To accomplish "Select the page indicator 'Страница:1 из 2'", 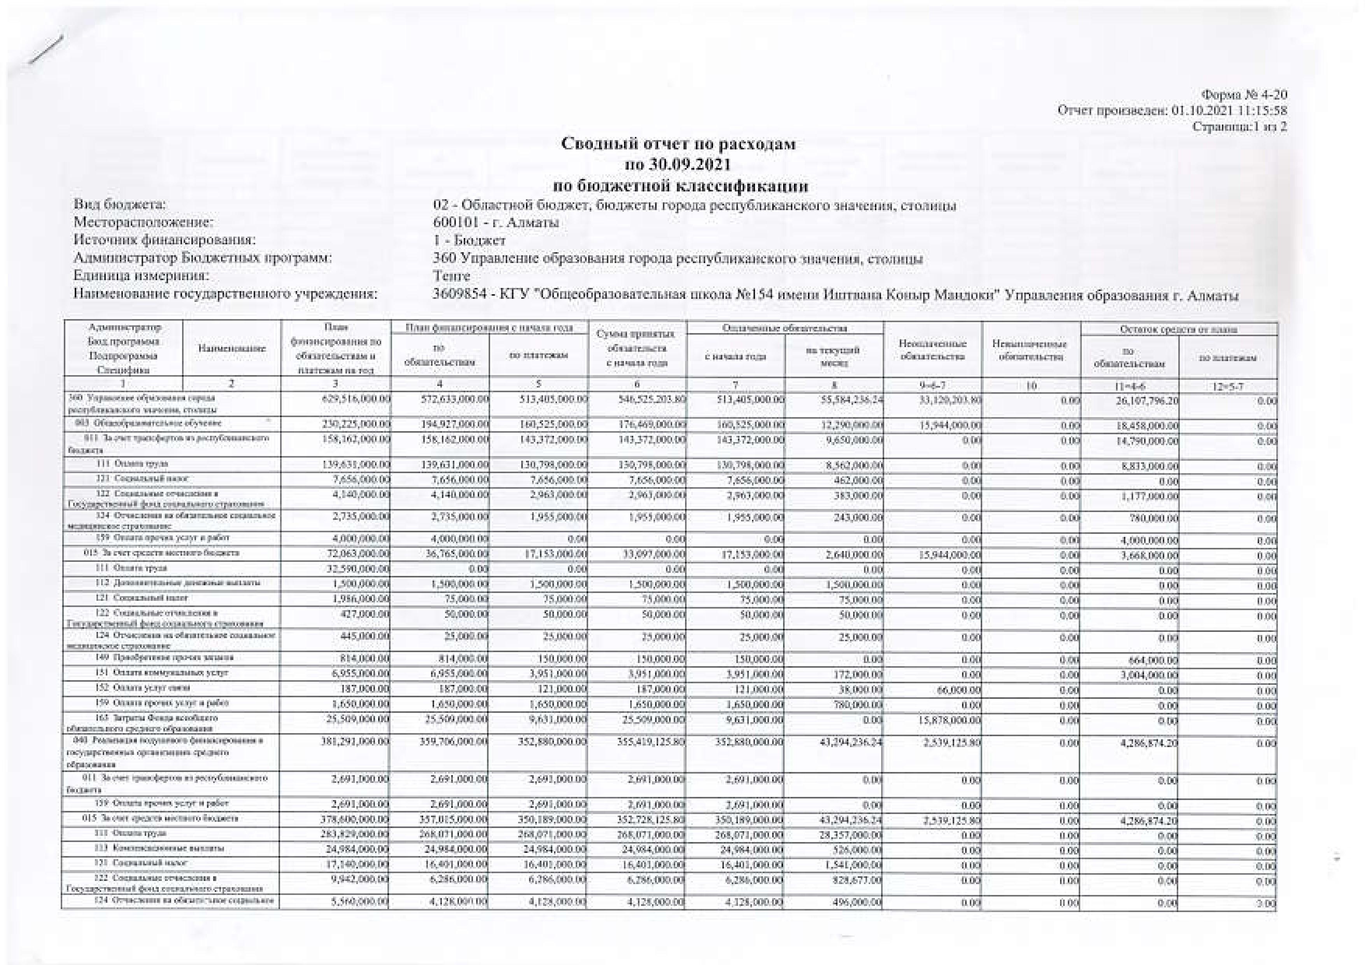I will (x=1240, y=126).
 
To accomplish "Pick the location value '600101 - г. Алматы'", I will (x=496, y=223).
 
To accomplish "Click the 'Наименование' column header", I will (x=232, y=348).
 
